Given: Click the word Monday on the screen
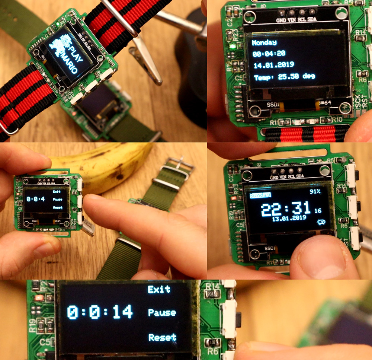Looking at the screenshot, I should point(264,43).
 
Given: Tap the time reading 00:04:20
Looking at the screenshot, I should point(269,54).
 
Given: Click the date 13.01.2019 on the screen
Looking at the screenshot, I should point(289,218).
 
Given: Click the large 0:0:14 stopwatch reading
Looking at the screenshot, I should point(100,312).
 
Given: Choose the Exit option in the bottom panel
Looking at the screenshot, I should point(159,290).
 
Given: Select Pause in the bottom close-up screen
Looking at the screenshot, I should point(162,313).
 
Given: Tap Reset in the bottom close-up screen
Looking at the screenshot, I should point(162,338).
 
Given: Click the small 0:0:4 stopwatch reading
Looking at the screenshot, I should point(35,199).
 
